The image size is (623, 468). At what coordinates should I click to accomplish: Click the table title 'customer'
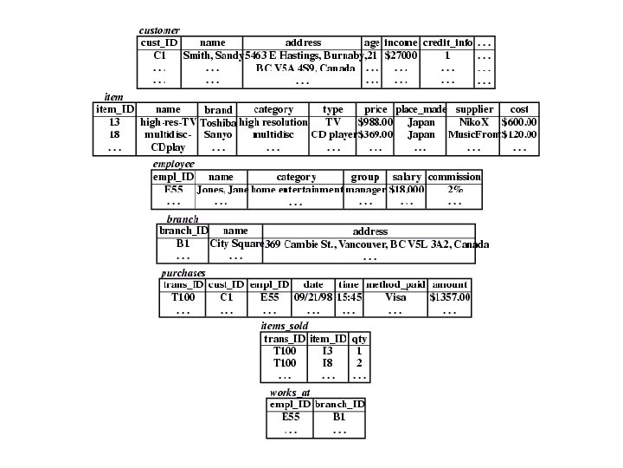pyautogui.click(x=159, y=30)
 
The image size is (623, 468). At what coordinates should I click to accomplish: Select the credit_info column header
pyautogui.click(x=447, y=42)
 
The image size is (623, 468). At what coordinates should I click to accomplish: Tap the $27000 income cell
pyautogui.click(x=401, y=55)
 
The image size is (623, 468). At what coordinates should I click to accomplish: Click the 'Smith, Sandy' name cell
pyautogui.click(x=212, y=55)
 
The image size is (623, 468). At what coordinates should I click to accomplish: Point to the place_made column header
pyautogui.click(x=421, y=110)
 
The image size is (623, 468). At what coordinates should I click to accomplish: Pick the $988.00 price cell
pyautogui.click(x=376, y=123)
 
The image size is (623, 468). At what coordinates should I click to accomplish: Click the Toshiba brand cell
pyautogui.click(x=218, y=123)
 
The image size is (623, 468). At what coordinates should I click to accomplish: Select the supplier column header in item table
pyautogui.click(x=474, y=110)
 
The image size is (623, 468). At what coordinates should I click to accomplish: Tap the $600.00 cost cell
pyautogui.click(x=519, y=123)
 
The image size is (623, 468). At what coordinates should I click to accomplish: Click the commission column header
pyautogui.click(x=454, y=177)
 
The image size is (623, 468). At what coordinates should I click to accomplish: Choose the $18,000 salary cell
pyautogui.click(x=407, y=190)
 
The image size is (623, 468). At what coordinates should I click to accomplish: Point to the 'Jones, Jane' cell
pyautogui.click(x=222, y=190)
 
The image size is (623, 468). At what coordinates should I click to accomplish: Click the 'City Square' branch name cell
pyautogui.click(x=236, y=244)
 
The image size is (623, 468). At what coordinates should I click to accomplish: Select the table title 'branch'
pyautogui.click(x=183, y=219)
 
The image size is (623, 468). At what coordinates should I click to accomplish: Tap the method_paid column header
pyautogui.click(x=395, y=284)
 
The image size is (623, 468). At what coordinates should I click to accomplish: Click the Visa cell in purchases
pyautogui.click(x=395, y=297)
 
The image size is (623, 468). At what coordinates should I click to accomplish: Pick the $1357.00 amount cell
pyautogui.click(x=450, y=297)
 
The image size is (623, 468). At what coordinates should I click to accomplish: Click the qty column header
pyautogui.click(x=359, y=338)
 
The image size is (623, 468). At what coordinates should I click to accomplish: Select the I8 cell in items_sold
pyautogui.click(x=328, y=363)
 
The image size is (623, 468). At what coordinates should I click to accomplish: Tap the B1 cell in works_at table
pyautogui.click(x=339, y=417)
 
